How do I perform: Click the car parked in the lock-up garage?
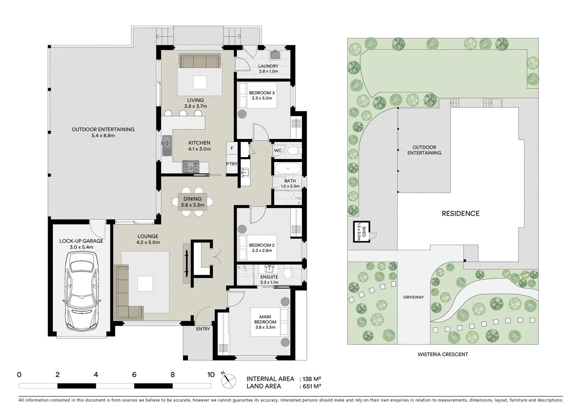(x=82, y=291)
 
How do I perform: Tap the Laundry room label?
(x=268, y=66)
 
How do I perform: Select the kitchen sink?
(x=166, y=146)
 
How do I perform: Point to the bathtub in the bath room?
(x=287, y=169)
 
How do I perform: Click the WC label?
(x=278, y=151)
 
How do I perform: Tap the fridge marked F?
(x=231, y=148)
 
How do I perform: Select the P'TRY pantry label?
(x=231, y=164)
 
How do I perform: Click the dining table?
(x=193, y=202)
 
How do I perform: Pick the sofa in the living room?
(x=200, y=61)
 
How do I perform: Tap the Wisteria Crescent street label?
(x=443, y=354)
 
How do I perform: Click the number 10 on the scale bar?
(x=210, y=374)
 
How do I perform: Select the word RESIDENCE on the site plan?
(x=460, y=213)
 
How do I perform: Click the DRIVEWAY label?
(x=413, y=297)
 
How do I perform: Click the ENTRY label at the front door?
(x=203, y=329)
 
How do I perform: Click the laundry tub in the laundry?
(x=275, y=55)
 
